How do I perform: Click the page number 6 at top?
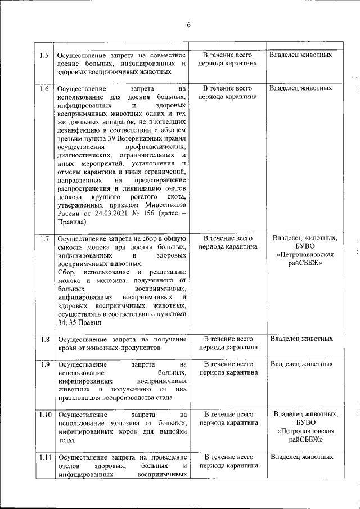tap(188, 25)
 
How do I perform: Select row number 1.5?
tap(44, 55)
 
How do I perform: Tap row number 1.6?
tap(44, 89)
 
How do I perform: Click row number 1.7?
tap(44, 238)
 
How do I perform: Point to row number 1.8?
tap(44, 339)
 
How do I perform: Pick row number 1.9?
tap(44, 364)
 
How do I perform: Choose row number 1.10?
tap(44, 415)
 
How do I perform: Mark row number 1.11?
tap(44, 457)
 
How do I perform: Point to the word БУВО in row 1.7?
tap(305, 246)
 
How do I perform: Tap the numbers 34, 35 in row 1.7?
tap(70, 323)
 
